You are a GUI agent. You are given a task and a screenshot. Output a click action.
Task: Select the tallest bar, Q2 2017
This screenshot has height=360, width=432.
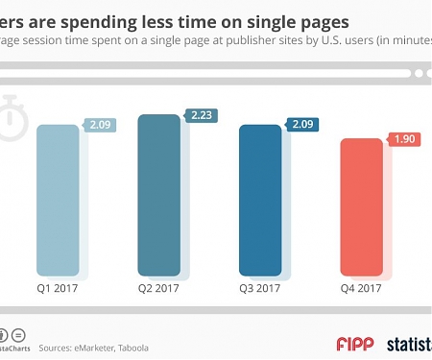(x=158, y=195)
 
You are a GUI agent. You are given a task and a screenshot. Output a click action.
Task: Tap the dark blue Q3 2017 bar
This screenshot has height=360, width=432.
(x=260, y=199)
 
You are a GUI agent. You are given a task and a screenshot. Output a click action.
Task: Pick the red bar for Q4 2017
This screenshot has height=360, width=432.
(x=362, y=206)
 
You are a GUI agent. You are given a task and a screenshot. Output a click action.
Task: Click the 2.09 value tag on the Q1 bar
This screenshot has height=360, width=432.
(x=101, y=125)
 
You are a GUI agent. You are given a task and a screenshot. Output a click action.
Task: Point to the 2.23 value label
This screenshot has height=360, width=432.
(x=202, y=114)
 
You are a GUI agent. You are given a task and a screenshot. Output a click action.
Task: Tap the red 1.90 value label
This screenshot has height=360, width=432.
(x=404, y=139)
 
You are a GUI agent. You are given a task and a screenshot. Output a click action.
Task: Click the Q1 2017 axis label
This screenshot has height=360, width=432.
(x=58, y=287)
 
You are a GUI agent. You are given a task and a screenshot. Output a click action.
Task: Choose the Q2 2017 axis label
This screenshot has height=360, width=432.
(x=158, y=287)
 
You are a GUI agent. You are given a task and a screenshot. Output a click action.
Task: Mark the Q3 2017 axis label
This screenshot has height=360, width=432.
(x=260, y=287)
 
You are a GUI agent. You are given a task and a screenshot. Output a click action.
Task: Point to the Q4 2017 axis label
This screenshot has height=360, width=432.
(x=361, y=287)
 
